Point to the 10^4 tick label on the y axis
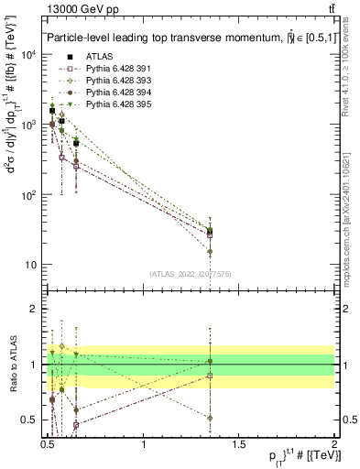28,54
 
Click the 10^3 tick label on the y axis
28,125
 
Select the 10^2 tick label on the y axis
28,195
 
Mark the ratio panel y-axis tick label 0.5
30,420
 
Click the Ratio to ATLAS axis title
11,365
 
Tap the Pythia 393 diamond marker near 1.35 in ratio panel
211,418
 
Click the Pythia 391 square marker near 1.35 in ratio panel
211,376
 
